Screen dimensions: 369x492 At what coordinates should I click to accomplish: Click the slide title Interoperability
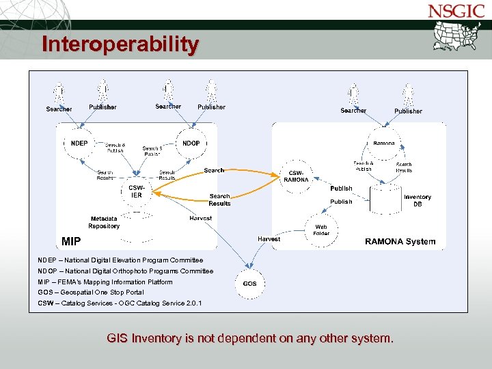[x=120, y=44]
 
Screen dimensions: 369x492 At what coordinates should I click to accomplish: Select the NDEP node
[x=79, y=143]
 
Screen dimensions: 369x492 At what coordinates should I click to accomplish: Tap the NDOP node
[x=191, y=143]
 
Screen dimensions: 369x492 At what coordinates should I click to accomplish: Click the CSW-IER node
[x=137, y=191]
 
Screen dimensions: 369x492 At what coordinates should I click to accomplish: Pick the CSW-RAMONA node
[x=296, y=176]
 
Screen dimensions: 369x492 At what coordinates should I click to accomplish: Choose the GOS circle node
[x=250, y=283]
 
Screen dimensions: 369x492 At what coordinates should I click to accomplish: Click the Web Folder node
[x=320, y=230]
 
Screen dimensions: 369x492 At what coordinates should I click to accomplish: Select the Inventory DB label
[x=417, y=200]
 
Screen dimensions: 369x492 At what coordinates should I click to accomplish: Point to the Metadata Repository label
[x=104, y=222]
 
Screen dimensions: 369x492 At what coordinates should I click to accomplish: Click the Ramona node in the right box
[x=384, y=143]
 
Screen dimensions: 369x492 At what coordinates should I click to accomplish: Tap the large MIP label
[x=71, y=241]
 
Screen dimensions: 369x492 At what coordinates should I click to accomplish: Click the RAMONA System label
[x=400, y=241]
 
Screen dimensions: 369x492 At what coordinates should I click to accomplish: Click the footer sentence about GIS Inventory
[x=250, y=338]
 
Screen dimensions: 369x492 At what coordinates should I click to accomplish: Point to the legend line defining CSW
[x=120, y=303]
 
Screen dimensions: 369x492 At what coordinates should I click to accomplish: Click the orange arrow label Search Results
[x=219, y=200]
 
